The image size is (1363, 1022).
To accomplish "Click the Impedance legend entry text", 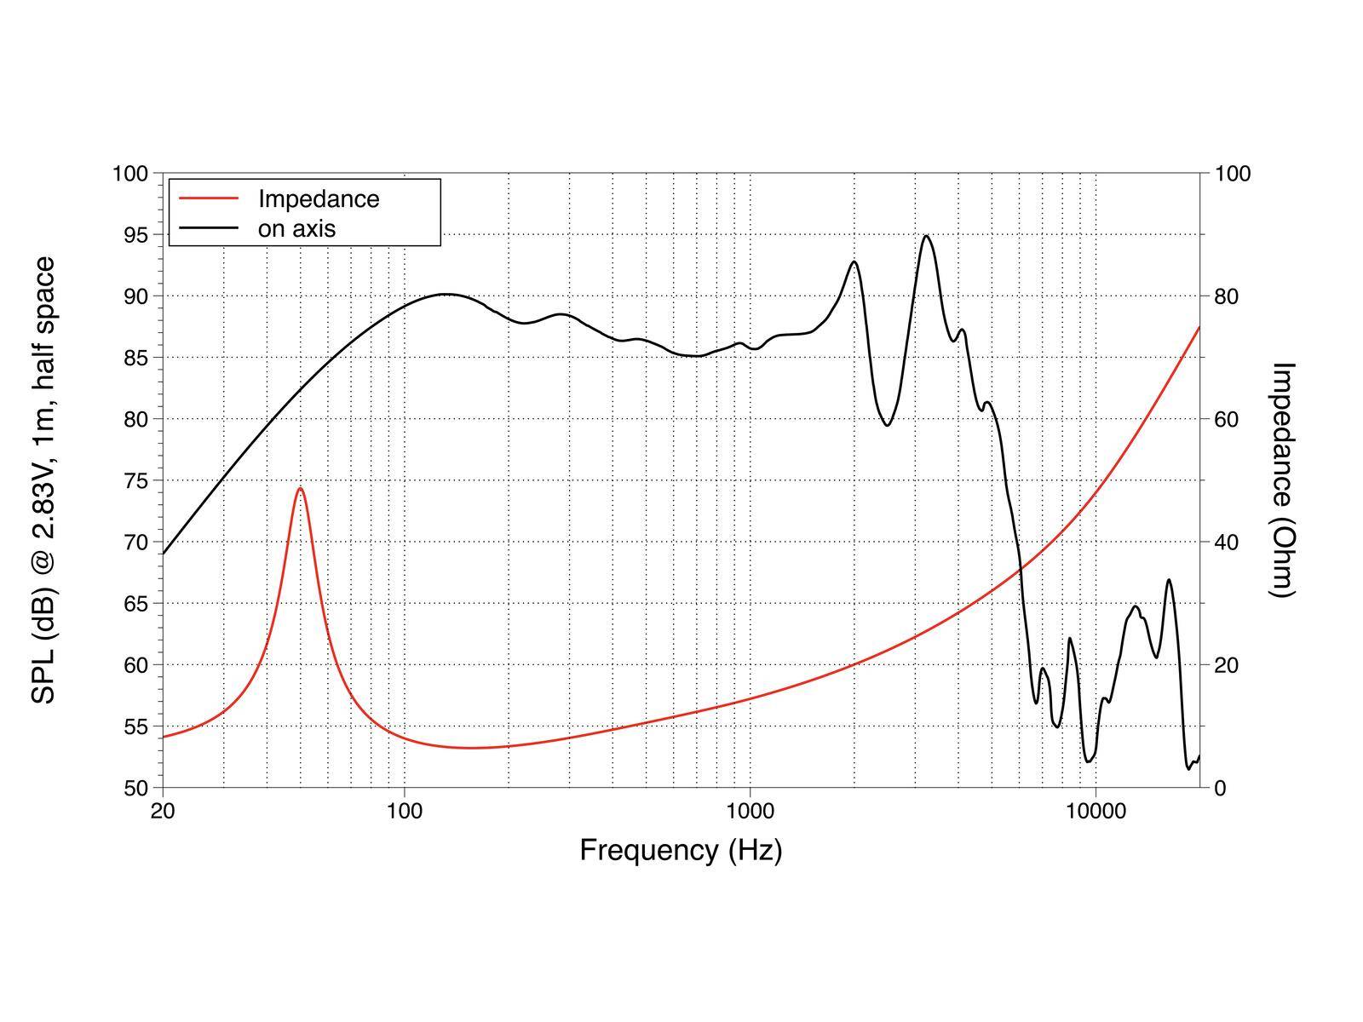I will tap(319, 199).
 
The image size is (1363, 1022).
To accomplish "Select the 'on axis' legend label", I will tap(296, 228).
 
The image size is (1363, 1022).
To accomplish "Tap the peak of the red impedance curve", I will tap(300, 488).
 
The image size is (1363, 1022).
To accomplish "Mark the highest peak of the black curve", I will tap(927, 236).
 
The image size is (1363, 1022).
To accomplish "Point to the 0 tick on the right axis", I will tap(1220, 788).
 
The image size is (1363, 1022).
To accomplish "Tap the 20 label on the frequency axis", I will tap(163, 811).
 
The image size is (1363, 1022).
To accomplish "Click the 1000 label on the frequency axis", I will tap(750, 811).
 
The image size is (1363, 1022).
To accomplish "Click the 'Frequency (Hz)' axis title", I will tap(681, 850).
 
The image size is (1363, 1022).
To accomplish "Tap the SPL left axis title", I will tap(43, 479).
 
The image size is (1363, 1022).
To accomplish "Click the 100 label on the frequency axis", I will tap(404, 811).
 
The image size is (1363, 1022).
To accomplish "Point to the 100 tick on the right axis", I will tap(1232, 174).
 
